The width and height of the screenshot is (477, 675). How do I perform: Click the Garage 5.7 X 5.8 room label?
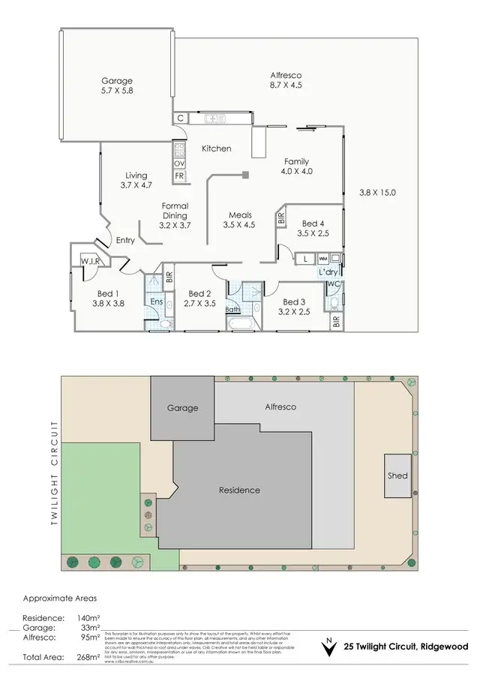117,85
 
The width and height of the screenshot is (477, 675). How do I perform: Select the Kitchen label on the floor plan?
217,148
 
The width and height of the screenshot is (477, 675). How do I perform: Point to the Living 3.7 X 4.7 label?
136,180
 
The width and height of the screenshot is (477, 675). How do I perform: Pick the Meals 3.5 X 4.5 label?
239,220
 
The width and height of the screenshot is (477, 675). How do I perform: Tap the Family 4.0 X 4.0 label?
296,166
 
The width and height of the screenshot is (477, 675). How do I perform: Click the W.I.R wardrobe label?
92,261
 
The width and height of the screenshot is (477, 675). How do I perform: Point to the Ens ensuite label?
157,301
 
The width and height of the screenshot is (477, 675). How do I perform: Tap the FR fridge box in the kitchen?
179,176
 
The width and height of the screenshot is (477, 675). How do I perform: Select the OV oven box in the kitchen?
179,163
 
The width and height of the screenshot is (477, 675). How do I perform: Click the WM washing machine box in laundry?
322,259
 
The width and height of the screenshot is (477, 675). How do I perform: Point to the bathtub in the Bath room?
242,324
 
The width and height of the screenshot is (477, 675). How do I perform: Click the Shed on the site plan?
397,475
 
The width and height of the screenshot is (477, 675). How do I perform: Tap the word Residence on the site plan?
239,490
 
